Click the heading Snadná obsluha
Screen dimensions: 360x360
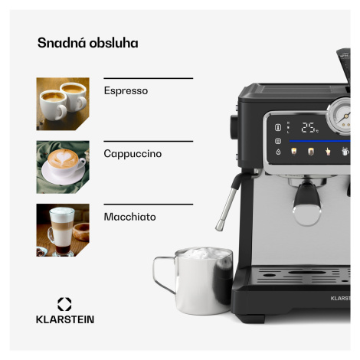(88, 43)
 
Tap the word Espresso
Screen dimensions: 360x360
(126, 91)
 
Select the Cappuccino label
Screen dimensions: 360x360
(133, 154)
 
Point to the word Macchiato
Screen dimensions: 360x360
(129, 217)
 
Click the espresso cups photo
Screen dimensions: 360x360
(63, 104)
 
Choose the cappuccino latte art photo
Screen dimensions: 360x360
(63, 167)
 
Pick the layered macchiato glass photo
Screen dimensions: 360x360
(63, 230)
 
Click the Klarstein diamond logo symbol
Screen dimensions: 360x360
(64, 304)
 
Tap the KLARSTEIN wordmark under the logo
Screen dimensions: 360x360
(65, 319)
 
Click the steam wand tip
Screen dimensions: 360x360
(219, 226)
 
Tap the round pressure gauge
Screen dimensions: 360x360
(339, 116)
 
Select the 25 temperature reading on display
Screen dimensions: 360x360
(309, 127)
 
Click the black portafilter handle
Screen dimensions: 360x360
(306, 196)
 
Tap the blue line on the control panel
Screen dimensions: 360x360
(320, 141)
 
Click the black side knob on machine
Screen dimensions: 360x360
(234, 127)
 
